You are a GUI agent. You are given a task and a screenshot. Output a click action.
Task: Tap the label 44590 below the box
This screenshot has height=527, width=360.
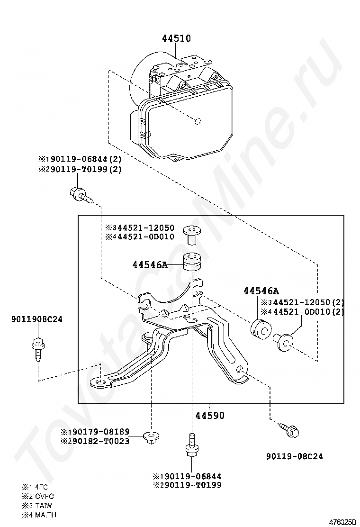pyautogui.click(x=210, y=415)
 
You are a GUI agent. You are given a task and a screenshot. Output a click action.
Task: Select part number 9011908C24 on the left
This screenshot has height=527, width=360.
pyautogui.click(x=37, y=319)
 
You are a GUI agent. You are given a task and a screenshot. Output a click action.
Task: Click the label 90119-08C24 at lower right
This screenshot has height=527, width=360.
pyautogui.click(x=294, y=456)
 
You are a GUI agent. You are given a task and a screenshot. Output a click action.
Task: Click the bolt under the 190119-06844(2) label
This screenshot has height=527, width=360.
pyautogui.click(x=79, y=193)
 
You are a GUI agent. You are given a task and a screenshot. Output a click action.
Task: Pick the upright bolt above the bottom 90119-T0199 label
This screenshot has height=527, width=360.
pyautogui.click(x=191, y=448)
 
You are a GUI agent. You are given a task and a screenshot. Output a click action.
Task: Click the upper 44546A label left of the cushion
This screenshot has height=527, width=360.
pyautogui.click(x=150, y=265)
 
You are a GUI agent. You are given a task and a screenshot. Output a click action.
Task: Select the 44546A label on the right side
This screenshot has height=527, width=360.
pyautogui.click(x=261, y=291)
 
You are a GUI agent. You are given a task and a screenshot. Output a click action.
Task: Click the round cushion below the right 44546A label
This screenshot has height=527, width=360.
pyautogui.click(x=260, y=328)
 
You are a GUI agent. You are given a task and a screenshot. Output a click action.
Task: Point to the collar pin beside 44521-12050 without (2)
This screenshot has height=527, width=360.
pyautogui.click(x=192, y=232)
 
